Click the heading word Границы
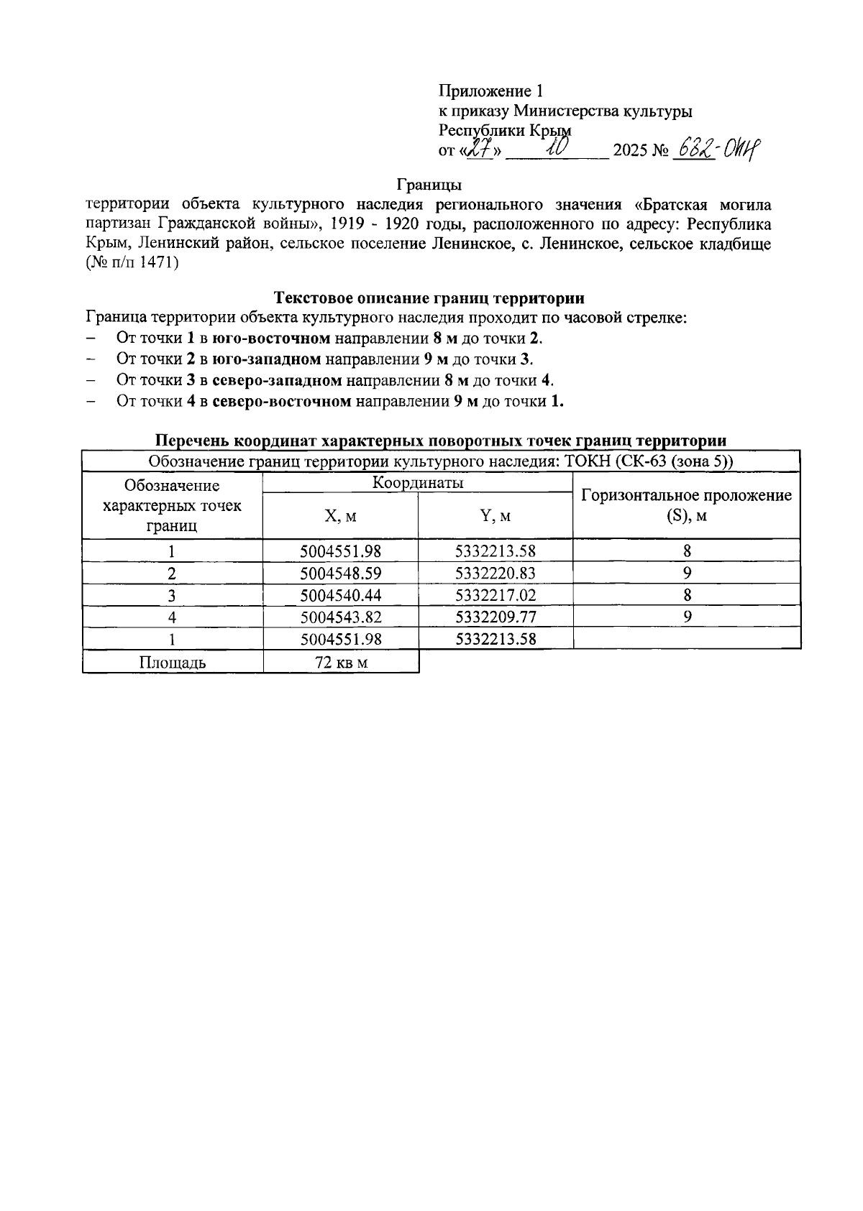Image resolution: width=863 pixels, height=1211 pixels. (429, 185)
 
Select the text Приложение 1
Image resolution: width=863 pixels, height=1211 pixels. (491, 91)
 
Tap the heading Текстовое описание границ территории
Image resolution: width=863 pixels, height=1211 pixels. (429, 298)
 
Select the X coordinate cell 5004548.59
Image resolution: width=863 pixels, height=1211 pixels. (340, 574)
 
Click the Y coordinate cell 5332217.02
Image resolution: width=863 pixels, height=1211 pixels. (496, 595)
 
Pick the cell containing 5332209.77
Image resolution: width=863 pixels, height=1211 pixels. (496, 617)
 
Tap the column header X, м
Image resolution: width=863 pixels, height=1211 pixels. (340, 516)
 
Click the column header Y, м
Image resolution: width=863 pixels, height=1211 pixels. (496, 516)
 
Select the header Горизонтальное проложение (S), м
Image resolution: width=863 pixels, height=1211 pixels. (686, 505)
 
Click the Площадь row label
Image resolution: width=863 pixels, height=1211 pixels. (173, 663)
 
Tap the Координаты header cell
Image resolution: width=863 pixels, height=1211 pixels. (417, 483)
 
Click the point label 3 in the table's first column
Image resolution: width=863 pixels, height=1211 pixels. (172, 596)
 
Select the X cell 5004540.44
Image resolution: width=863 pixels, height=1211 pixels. (340, 595)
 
